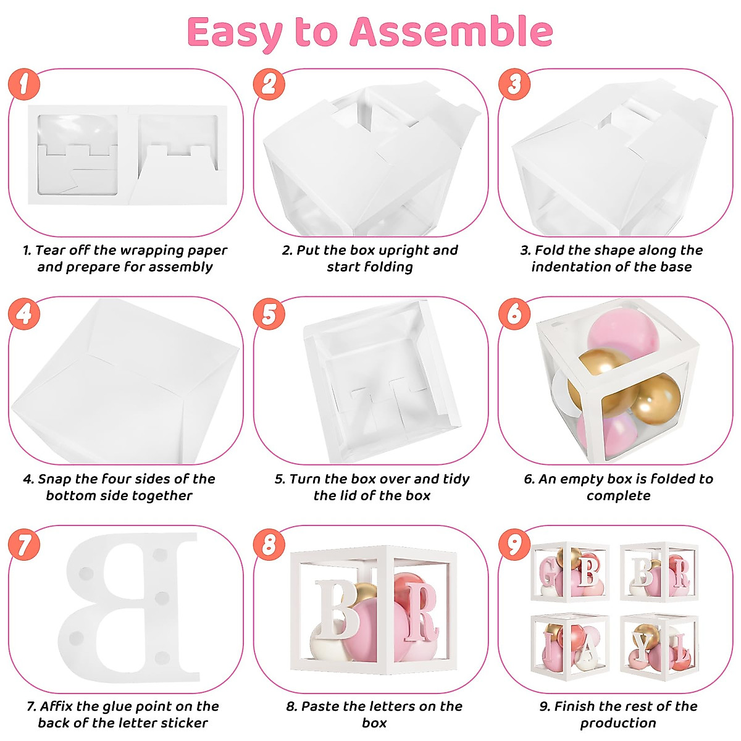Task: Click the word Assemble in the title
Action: [451, 32]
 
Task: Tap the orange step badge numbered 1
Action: [23, 84]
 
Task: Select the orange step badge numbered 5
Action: [269, 314]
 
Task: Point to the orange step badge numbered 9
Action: [514, 545]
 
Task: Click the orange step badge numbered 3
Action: [514, 84]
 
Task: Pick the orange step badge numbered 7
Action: [23, 545]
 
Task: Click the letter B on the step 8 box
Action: [337, 610]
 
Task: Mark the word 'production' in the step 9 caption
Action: [618, 723]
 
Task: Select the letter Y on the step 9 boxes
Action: [645, 646]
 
